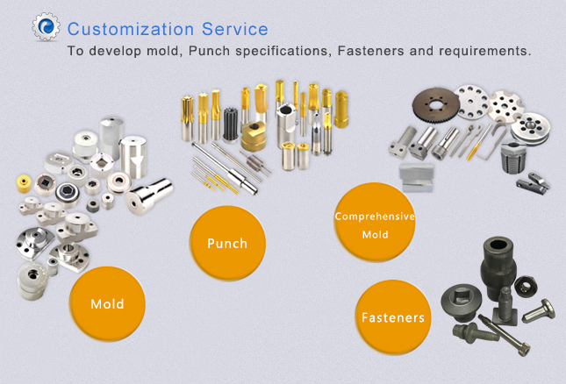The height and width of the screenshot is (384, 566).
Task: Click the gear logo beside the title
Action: tap(46, 26)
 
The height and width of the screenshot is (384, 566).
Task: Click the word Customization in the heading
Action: tap(131, 29)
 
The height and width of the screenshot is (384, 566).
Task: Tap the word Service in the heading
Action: tap(235, 29)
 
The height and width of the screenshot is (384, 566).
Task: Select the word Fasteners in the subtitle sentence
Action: tap(370, 51)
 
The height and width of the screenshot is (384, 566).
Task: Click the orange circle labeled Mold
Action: tap(107, 304)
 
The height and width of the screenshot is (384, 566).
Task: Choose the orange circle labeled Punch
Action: tap(227, 244)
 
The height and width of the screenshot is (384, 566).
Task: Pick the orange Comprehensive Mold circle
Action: tap(375, 222)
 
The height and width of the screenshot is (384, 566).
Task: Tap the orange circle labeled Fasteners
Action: tap(393, 317)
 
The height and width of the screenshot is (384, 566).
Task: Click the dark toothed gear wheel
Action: tap(436, 105)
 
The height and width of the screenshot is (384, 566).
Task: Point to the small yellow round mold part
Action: tap(25, 183)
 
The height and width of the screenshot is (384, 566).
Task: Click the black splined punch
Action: tap(230, 125)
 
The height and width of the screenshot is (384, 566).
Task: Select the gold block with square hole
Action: tap(254, 136)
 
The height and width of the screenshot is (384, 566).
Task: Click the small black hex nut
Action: tap(526, 287)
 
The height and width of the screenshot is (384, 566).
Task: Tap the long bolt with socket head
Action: tap(505, 335)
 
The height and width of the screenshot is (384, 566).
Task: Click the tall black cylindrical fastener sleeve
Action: tap(498, 267)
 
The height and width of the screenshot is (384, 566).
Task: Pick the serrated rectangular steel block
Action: tap(416, 177)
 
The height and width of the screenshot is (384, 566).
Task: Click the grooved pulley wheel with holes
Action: tap(530, 129)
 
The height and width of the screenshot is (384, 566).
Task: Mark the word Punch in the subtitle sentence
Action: tap(210, 51)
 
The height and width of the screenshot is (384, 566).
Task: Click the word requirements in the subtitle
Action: tap(484, 51)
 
